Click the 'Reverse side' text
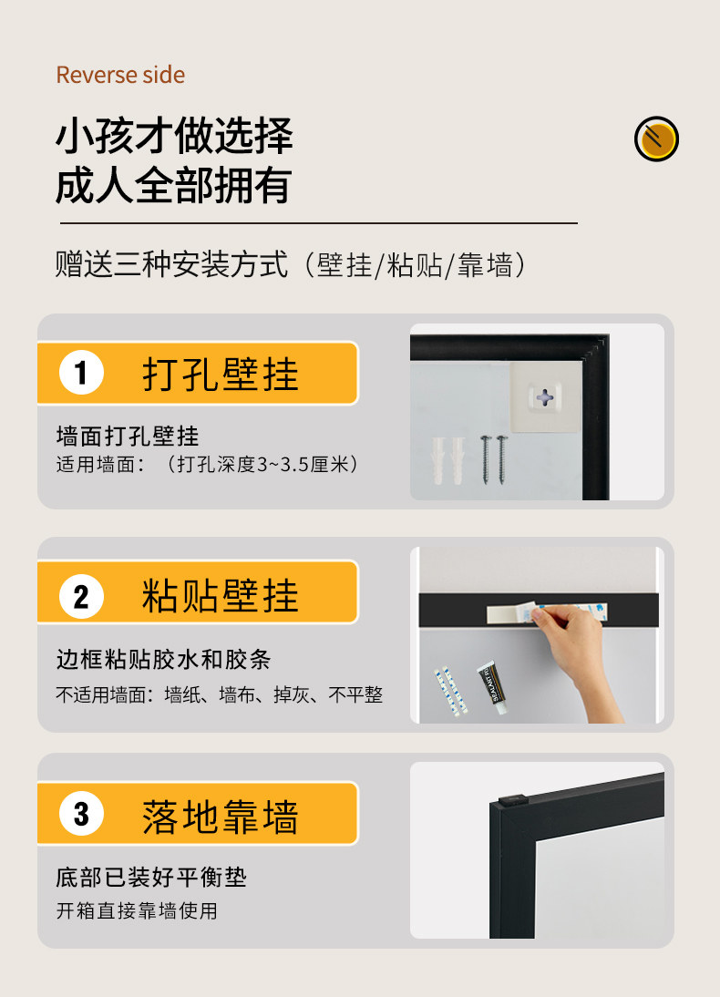(x=120, y=75)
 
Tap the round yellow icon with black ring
(x=656, y=139)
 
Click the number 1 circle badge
(x=81, y=373)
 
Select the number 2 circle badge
(x=81, y=596)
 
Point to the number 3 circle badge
(x=81, y=814)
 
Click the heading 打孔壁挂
(x=220, y=374)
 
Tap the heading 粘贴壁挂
(x=220, y=596)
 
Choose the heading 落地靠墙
(x=220, y=817)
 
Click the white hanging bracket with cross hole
(x=545, y=397)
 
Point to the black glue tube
(x=493, y=687)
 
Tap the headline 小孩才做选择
(x=174, y=136)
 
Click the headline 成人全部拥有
(x=174, y=185)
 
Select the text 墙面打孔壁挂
(x=128, y=437)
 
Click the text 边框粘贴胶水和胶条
(x=163, y=660)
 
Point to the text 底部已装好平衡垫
(x=151, y=878)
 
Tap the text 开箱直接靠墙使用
(x=137, y=910)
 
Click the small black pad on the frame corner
(x=513, y=800)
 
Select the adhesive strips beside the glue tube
(x=451, y=691)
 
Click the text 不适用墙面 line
(x=220, y=694)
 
